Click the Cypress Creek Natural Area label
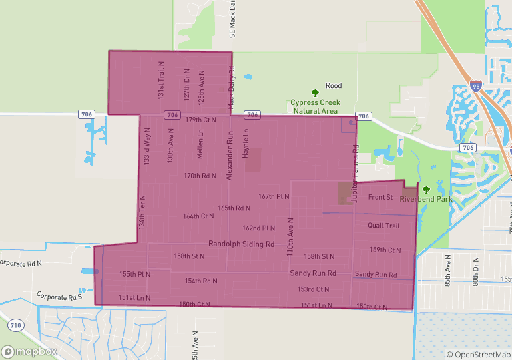click(x=315, y=106)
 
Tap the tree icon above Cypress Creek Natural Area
click(x=316, y=93)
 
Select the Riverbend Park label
click(x=426, y=199)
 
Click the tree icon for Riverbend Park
click(x=426, y=190)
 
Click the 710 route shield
click(x=15, y=325)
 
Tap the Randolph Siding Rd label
click(x=241, y=244)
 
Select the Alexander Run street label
click(x=230, y=159)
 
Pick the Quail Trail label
click(x=383, y=226)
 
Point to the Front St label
click(x=380, y=197)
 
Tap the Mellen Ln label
click(x=200, y=144)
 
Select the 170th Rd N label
click(x=200, y=176)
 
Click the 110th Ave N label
click(x=290, y=238)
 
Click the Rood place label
click(x=334, y=86)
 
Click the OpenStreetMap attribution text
click(x=479, y=355)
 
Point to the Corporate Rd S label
click(x=59, y=296)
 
